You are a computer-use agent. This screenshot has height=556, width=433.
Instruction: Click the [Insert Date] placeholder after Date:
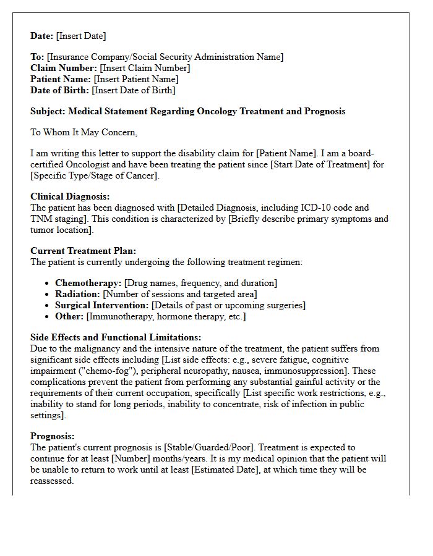point(81,36)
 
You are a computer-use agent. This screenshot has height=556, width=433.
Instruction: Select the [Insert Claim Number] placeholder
point(145,68)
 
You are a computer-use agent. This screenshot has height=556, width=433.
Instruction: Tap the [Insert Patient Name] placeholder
point(135,79)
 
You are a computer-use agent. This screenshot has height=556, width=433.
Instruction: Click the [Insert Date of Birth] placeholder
point(133,90)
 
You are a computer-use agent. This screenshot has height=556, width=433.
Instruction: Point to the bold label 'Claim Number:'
point(64,68)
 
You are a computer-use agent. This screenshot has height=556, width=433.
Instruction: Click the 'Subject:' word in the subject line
point(48,111)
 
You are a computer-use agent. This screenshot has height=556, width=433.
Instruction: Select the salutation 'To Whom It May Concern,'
point(84,132)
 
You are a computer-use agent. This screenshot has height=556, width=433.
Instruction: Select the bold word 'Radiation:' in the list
point(77,294)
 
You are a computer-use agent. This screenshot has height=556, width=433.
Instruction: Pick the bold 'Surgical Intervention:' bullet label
point(101,305)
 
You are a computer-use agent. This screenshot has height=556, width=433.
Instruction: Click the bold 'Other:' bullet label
point(69,316)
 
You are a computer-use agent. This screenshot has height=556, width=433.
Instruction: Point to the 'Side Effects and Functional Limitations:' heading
point(116,338)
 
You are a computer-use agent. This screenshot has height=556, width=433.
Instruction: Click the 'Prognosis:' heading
point(53,436)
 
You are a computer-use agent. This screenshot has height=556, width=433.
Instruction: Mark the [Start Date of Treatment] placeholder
point(311,164)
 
